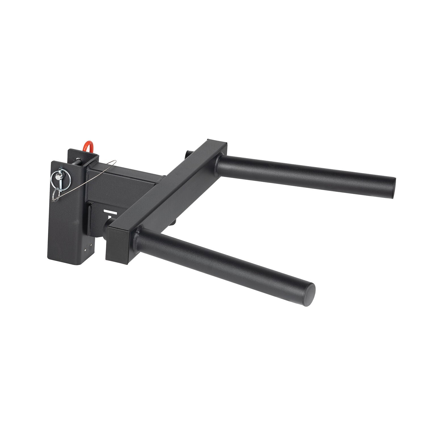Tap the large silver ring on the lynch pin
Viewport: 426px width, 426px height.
[x=56, y=178]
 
